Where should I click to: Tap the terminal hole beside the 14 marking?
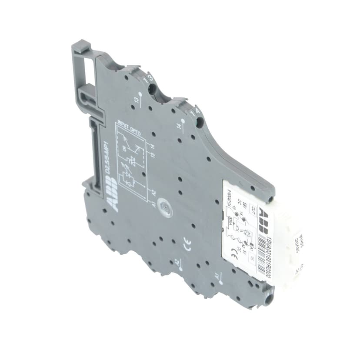(x=200, y=123)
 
